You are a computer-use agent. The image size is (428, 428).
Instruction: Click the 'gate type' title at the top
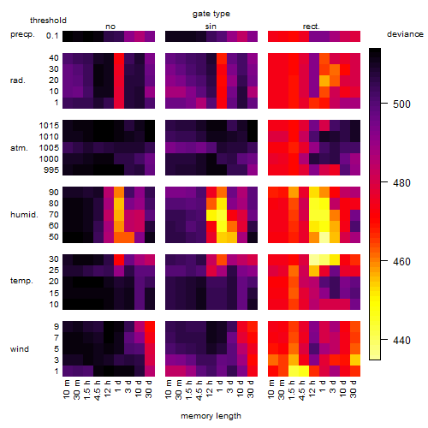point(211,14)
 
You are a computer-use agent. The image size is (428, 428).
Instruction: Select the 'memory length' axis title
point(211,416)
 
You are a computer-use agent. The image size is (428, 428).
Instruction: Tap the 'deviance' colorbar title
point(405,34)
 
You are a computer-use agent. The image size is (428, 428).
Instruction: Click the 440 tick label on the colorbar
point(401,340)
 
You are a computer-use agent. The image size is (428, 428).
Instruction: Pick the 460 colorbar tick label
point(401,261)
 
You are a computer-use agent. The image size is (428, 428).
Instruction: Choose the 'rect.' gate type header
point(311,27)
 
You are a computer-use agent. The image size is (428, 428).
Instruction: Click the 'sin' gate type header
point(211,27)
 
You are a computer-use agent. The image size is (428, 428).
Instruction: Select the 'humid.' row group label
point(24,215)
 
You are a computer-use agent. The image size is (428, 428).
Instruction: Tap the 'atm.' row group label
point(19,148)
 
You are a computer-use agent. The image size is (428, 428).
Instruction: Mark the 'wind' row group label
point(20,349)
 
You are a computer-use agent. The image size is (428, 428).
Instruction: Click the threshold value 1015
point(49,126)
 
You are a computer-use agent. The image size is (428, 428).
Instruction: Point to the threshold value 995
point(51,170)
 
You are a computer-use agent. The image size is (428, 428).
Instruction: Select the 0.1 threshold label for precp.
point(52,36)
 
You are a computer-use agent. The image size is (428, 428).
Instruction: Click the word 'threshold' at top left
point(48,21)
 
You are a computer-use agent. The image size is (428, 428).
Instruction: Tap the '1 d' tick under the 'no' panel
point(119,386)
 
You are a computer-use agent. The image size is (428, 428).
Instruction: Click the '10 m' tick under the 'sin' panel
point(170,389)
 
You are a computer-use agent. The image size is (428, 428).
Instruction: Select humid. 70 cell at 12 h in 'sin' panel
point(211,215)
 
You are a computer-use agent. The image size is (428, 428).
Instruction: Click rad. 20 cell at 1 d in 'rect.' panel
point(324,80)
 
